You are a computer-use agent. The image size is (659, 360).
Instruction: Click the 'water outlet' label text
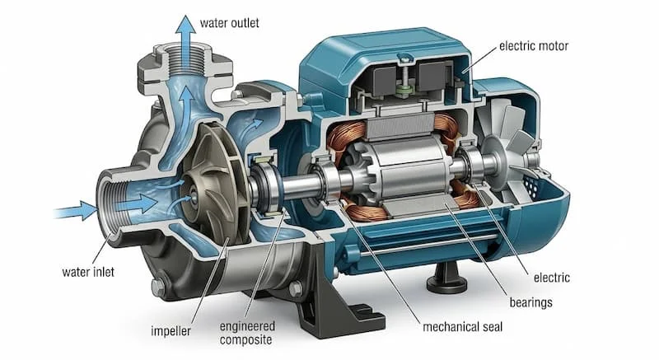(x=230, y=23)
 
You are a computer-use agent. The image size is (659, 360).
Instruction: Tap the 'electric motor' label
(x=533, y=45)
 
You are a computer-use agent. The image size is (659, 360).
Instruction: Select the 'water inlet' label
(x=88, y=272)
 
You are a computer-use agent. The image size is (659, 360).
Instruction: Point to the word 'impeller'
(x=171, y=331)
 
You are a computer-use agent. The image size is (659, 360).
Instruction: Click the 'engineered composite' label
(x=246, y=333)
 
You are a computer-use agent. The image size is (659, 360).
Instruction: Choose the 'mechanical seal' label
(x=462, y=327)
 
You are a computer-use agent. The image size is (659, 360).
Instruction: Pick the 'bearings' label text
(x=530, y=302)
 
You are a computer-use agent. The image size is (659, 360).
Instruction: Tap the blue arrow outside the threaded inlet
(x=76, y=210)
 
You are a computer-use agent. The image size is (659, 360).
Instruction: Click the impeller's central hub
(x=194, y=195)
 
